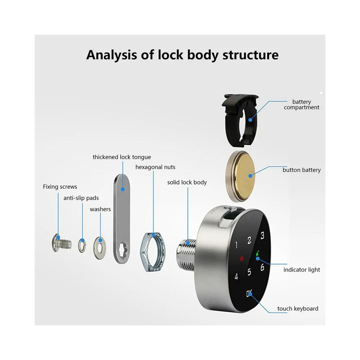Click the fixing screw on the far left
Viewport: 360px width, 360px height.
pos(61,243)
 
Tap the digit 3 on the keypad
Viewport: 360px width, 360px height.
pos(262,236)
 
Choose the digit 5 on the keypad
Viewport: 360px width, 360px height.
pos(249,272)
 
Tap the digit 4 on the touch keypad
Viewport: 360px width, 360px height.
pos(236,276)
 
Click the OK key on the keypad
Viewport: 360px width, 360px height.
pos(249,293)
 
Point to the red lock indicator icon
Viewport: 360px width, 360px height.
pos(241,259)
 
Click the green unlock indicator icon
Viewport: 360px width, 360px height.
pos(257,253)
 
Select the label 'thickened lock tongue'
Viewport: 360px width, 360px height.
pos(122,157)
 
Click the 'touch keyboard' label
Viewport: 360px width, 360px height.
pos(297,309)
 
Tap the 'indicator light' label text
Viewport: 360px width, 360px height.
pos(302,270)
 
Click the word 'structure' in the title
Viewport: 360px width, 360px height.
pos(251,55)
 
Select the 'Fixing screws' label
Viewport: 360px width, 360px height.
pos(60,187)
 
